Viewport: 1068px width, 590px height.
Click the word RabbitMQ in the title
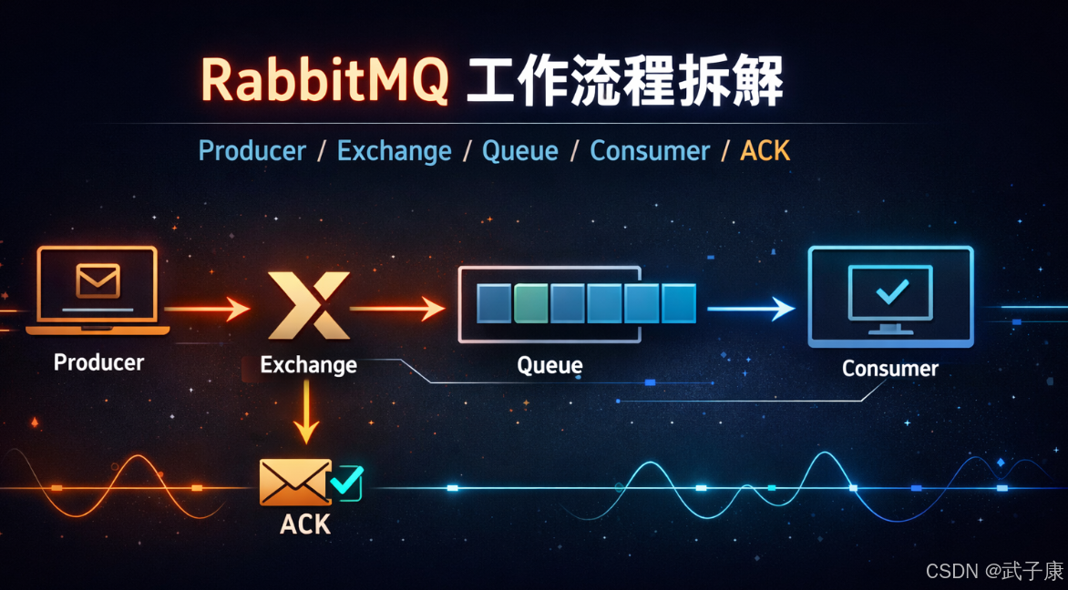point(324,81)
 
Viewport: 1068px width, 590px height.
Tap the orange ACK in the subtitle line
point(765,151)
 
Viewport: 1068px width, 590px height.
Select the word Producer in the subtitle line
point(252,151)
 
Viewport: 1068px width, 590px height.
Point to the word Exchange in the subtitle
point(394,151)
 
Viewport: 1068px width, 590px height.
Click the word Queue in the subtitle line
point(519,151)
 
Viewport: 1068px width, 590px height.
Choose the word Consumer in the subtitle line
point(649,151)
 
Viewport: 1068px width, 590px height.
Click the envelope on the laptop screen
point(98,280)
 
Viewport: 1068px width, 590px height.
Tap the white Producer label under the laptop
point(98,362)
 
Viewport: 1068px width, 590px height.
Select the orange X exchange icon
point(309,304)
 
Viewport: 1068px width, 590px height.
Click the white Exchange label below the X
point(308,365)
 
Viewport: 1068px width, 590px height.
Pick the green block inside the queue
point(530,304)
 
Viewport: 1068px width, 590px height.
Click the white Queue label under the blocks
point(549,366)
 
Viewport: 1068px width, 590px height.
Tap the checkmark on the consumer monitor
point(890,291)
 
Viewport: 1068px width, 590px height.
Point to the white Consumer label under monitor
point(889,369)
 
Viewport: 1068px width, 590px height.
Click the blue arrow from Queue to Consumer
point(751,310)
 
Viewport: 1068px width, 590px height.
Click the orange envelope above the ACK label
point(295,481)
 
